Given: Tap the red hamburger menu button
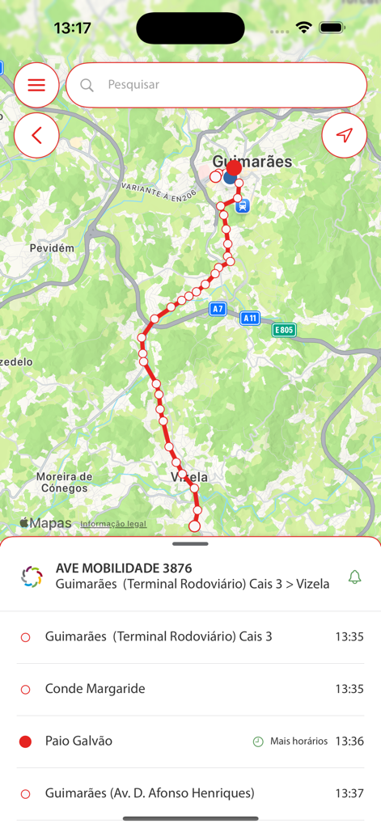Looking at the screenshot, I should click(36, 85).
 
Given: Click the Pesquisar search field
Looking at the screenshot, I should click(216, 85).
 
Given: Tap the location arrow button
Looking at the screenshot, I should click(344, 135).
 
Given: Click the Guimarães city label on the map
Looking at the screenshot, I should click(252, 162).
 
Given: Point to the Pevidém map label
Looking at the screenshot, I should click(52, 248).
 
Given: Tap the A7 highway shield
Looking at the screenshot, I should click(218, 309).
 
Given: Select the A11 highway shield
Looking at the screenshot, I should click(250, 319).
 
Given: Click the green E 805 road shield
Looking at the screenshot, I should click(284, 330).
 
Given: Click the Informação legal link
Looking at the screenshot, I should click(113, 524).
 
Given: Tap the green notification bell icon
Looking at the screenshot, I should click(354, 577).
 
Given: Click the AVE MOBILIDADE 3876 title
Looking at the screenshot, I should click(124, 568).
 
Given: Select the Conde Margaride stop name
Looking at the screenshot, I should click(95, 689).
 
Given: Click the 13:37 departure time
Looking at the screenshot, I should click(349, 793).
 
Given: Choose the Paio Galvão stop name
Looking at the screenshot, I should click(78, 741).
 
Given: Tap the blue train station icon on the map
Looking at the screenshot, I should click(243, 206).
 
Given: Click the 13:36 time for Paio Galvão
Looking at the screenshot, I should click(349, 741).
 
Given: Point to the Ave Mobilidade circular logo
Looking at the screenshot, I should click(32, 577).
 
